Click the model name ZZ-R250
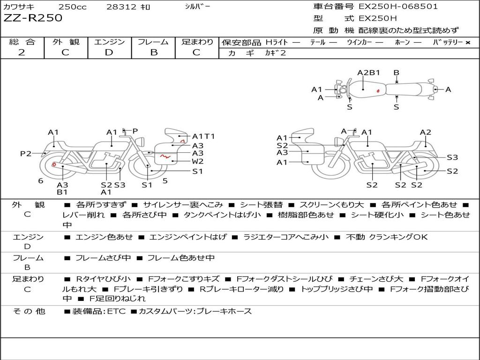(x=33, y=18)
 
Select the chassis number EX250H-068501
(x=398, y=7)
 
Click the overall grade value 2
(x=22, y=52)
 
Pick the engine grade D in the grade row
(x=109, y=52)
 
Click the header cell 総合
(x=22, y=42)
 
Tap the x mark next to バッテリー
(x=468, y=43)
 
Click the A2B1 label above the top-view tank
(x=368, y=73)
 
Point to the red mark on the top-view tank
(x=378, y=91)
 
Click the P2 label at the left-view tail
(x=26, y=153)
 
